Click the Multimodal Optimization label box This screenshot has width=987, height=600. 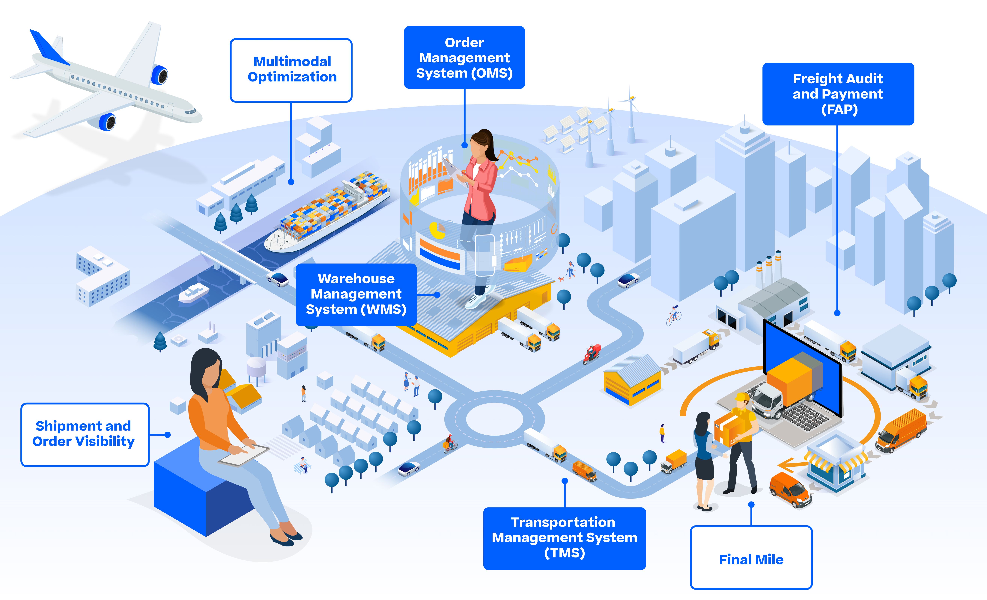pos(291,70)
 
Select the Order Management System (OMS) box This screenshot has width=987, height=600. pos(464,58)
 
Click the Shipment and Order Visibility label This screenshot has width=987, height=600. pos(85,434)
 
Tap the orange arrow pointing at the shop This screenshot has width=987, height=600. pos(791,466)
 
